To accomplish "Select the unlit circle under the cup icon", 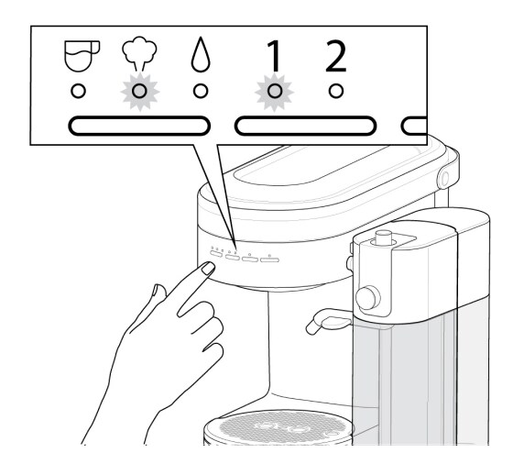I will [81, 90].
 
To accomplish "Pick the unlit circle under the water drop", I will [199, 90].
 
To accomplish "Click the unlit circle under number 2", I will [336, 90].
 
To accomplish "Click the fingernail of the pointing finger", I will [207, 269].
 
